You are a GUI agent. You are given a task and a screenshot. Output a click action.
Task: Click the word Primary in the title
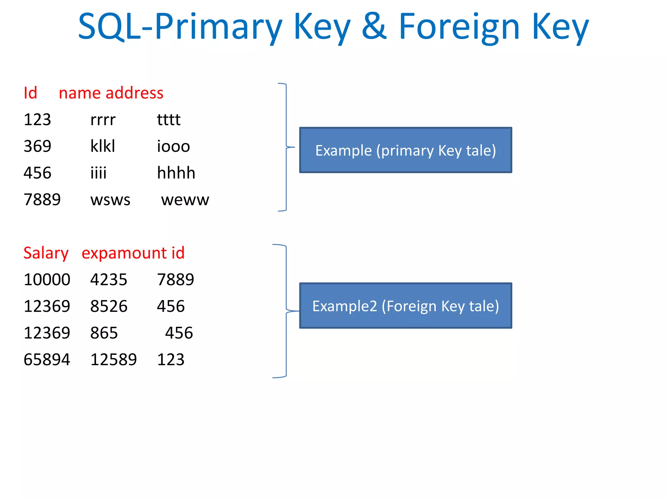point(218,27)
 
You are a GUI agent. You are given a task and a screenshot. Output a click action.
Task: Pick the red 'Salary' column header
point(46,253)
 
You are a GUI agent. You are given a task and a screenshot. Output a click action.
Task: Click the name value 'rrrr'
point(103,120)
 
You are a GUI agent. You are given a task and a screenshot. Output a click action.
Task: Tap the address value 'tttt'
point(168,120)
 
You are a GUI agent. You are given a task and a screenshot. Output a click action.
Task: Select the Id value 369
point(37,146)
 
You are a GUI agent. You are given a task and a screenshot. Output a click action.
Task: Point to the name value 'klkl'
point(103,146)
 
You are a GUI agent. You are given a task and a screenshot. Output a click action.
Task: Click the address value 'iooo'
point(173,146)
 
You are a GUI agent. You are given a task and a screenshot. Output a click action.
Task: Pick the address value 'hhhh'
point(176,173)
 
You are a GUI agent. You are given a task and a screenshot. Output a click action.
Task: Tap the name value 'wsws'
point(110,200)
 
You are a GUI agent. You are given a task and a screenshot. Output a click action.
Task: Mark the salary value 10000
point(47,280)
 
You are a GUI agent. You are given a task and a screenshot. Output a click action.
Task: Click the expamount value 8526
point(109,307)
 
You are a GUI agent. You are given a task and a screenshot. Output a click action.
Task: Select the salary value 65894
point(47,360)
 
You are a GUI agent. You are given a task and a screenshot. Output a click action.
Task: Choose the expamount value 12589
point(113,360)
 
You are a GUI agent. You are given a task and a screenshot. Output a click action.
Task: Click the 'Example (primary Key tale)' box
point(405,150)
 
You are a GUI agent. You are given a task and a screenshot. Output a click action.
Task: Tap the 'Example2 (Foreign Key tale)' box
point(405,306)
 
